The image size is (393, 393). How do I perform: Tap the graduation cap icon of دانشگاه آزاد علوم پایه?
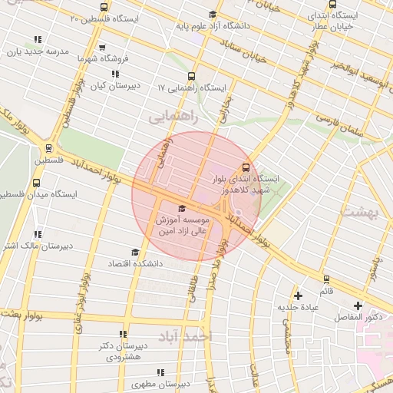coord(213,15)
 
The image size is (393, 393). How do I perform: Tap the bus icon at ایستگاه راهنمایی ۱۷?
coord(191,77)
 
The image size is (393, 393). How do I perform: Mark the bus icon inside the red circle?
coord(246,167)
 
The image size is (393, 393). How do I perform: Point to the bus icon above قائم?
coord(327,279)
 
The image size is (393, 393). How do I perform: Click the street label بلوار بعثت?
coord(31,315)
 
